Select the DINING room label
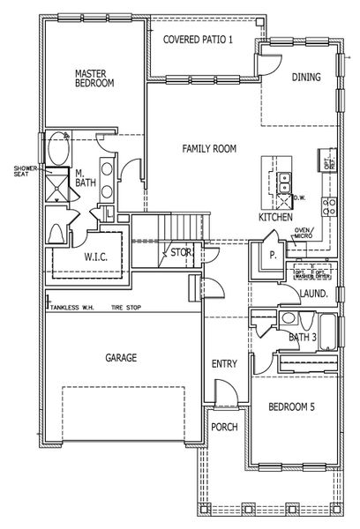(306, 78)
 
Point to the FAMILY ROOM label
(209, 149)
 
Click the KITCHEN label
(274, 216)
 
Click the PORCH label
(224, 427)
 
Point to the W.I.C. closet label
(96, 257)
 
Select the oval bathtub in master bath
(56, 147)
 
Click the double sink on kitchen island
(284, 183)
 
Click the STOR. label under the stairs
(181, 253)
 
